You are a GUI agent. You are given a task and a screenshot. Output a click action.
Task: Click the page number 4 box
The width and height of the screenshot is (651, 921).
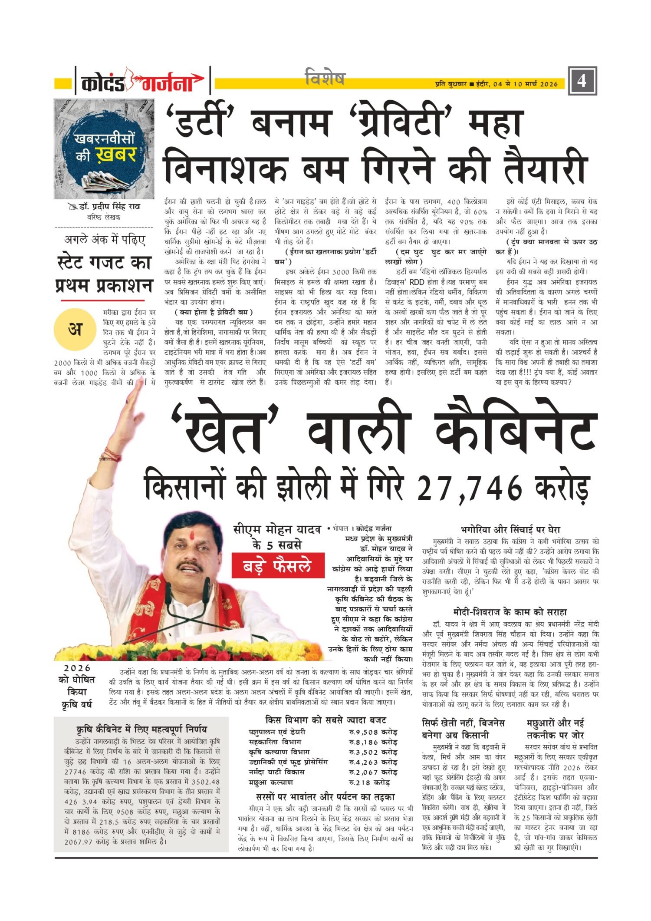582,81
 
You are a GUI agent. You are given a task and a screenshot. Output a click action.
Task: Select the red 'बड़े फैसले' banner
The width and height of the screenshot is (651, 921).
278,566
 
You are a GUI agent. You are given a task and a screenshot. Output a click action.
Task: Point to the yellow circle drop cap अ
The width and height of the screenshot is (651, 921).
75,330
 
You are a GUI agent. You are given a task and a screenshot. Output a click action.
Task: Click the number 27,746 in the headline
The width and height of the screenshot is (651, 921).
470,488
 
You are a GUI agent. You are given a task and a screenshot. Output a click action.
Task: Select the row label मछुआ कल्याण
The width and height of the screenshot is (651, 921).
271,782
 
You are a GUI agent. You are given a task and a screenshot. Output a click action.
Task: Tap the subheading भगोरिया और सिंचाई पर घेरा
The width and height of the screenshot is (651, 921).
510,530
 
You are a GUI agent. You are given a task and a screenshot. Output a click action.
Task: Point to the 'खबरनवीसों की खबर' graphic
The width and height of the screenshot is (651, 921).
104,149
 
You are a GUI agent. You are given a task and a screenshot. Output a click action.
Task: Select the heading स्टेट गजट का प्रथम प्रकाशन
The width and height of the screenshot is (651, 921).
104,274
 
